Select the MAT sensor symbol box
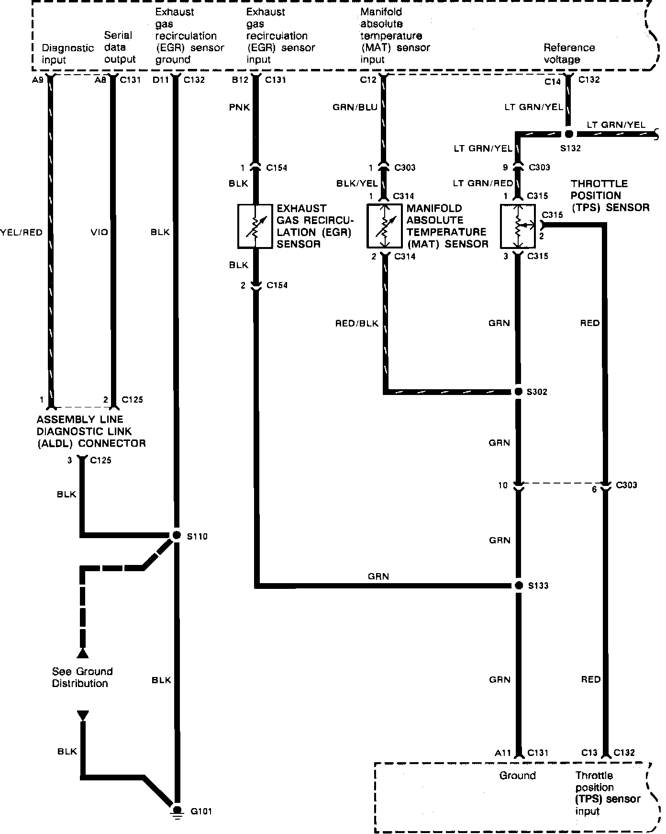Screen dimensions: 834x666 click(384, 226)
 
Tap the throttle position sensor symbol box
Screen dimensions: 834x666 click(518, 226)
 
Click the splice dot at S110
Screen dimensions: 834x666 click(177, 535)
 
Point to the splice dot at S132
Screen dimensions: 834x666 click(569, 134)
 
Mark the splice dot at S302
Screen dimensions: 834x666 click(518, 392)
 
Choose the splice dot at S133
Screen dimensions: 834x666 click(518, 585)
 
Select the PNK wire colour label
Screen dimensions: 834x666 click(239, 107)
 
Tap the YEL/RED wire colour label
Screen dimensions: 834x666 click(22, 233)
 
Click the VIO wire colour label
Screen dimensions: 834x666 click(99, 233)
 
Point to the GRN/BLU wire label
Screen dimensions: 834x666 click(355, 107)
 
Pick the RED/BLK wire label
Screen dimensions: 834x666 click(356, 324)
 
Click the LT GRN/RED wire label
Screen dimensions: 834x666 click(483, 183)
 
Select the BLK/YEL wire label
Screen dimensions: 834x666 click(357, 183)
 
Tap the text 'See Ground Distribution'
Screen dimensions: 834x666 click(82, 677)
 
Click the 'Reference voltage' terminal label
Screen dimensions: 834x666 click(569, 54)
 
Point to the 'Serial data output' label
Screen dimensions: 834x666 click(120, 47)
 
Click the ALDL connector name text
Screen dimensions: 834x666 click(91, 431)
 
